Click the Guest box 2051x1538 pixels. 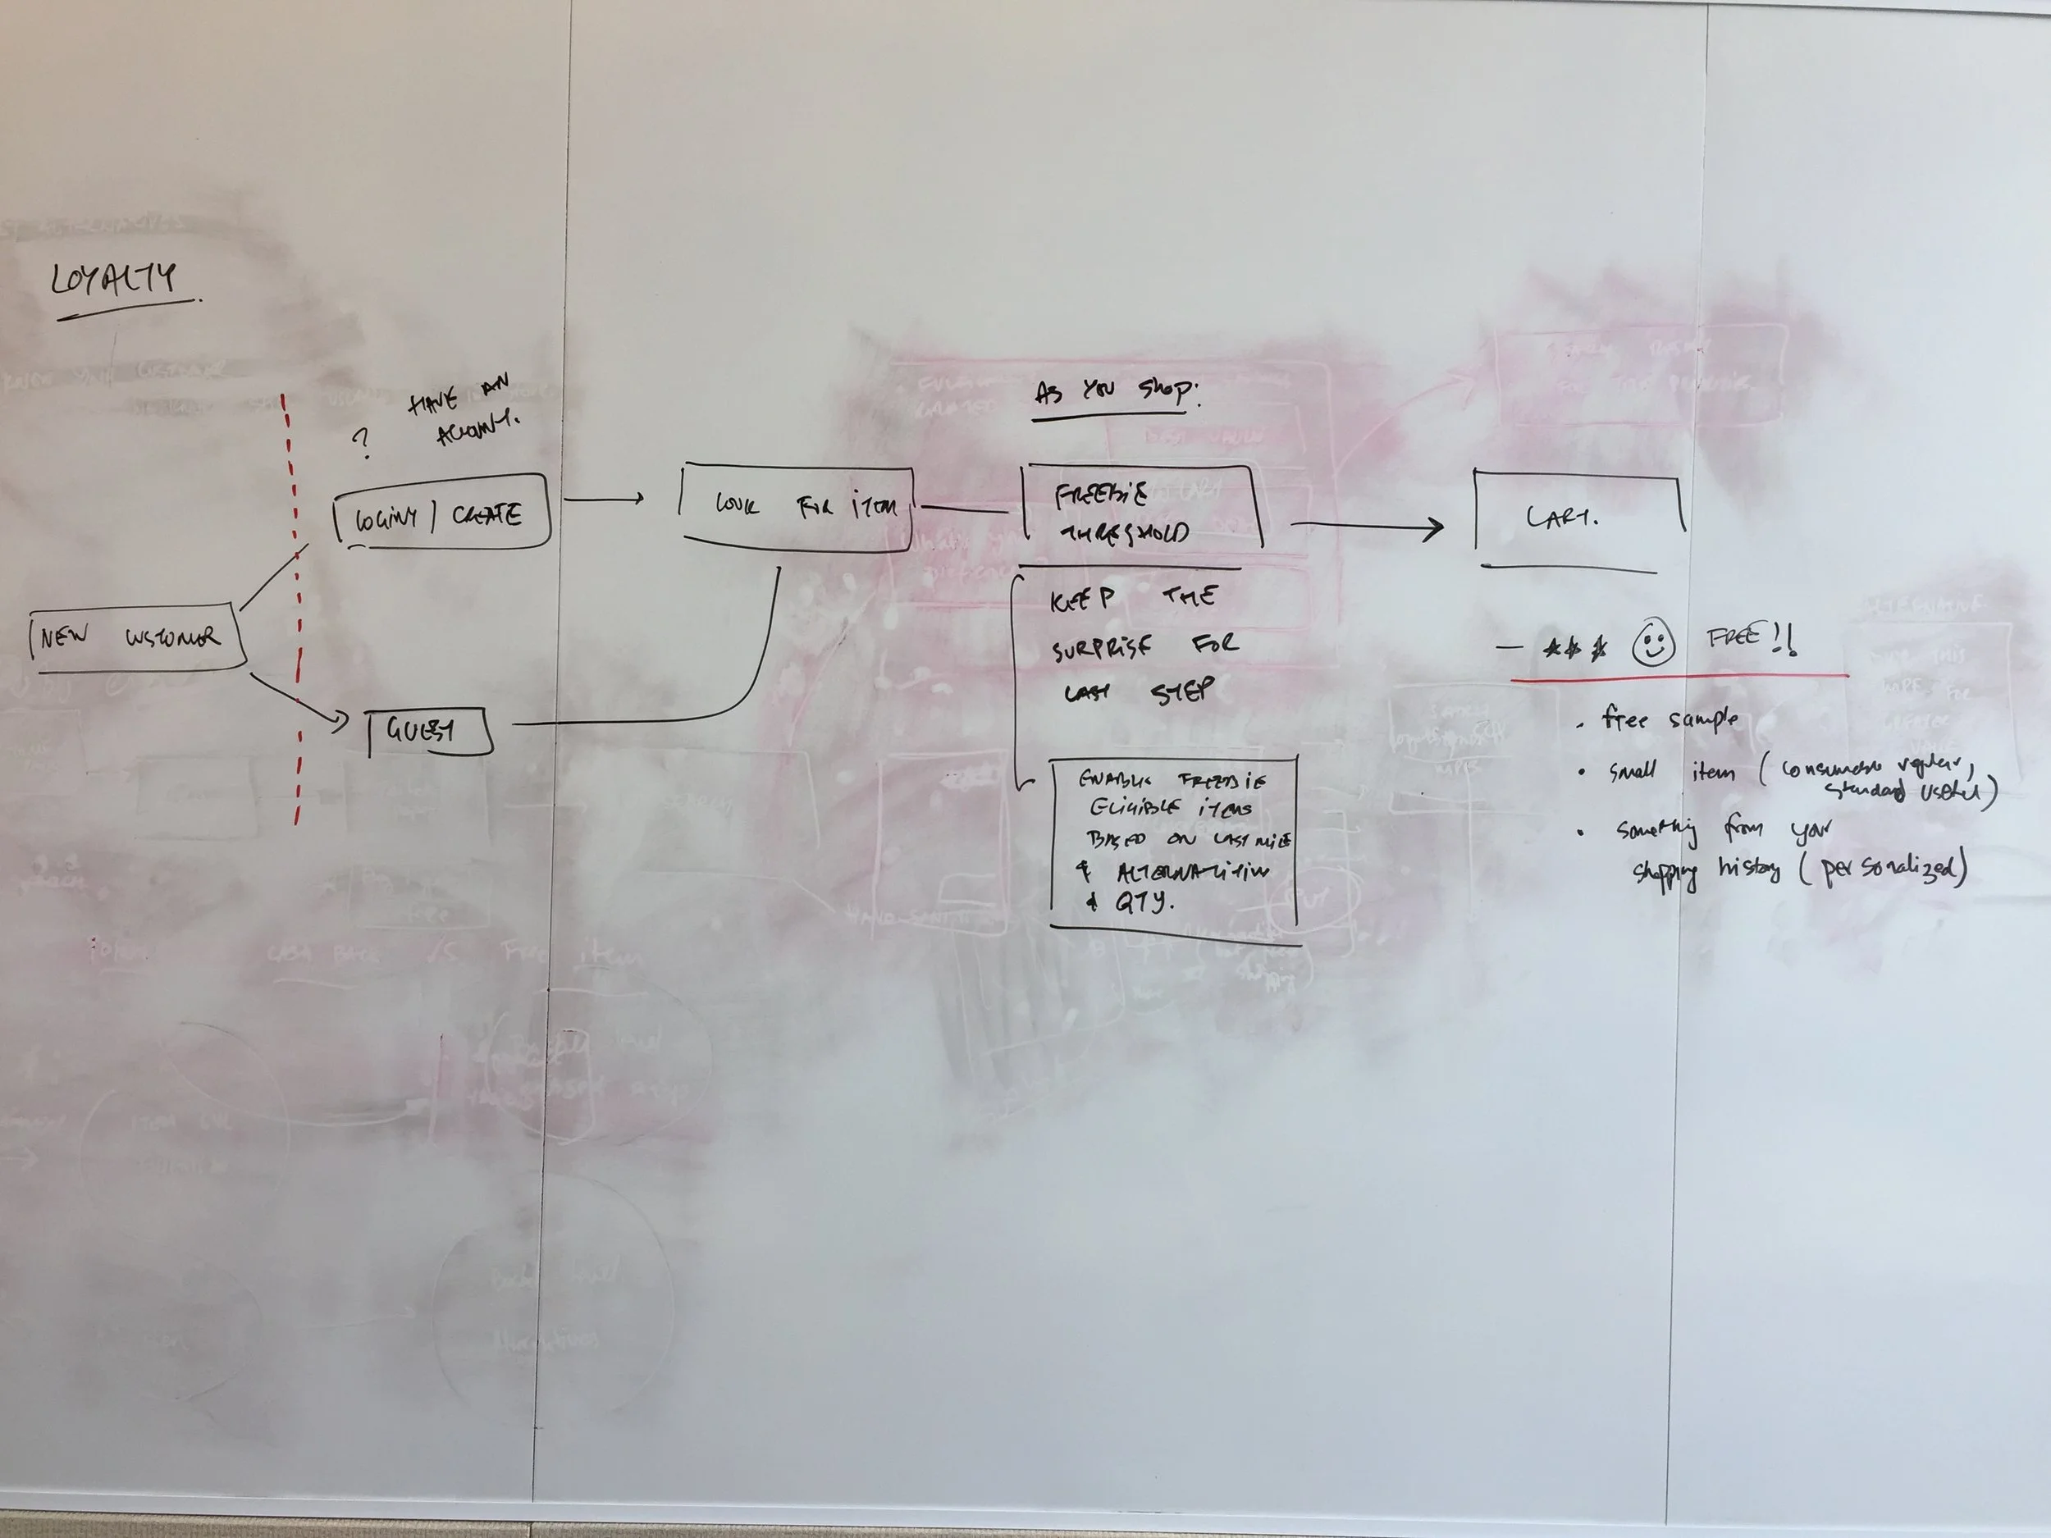point(427,732)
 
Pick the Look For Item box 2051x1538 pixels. point(797,508)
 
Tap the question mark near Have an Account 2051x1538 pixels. point(362,443)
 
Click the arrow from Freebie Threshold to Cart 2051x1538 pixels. point(1368,527)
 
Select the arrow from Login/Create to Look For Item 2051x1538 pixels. point(603,500)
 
